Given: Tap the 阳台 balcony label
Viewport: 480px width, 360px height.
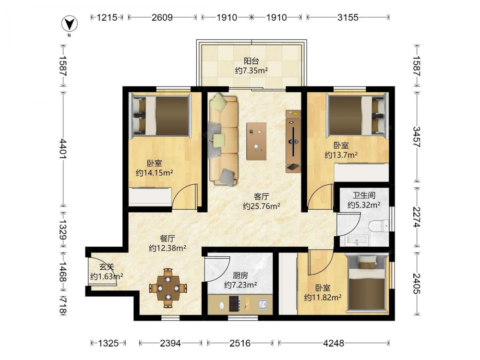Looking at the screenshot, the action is [x=252, y=61].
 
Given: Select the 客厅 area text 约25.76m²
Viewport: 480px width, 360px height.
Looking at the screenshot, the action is [x=262, y=206].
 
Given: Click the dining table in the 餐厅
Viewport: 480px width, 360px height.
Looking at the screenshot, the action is [x=168, y=288].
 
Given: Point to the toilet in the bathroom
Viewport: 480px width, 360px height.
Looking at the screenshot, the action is [x=379, y=226].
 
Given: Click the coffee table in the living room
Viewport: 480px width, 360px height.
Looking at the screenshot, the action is [x=256, y=141].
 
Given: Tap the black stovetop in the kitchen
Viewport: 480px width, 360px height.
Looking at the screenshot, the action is [x=235, y=304].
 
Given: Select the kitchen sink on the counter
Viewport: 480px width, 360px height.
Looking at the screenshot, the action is [x=263, y=304].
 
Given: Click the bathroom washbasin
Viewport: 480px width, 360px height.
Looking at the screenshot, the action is [x=357, y=240].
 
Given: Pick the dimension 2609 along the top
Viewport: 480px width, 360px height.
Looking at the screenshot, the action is [x=162, y=17].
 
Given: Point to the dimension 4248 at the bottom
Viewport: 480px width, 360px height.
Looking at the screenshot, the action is [x=334, y=343].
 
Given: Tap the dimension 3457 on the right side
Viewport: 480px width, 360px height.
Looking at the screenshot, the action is [x=417, y=136].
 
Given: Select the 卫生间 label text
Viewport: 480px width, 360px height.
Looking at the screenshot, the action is [x=364, y=195].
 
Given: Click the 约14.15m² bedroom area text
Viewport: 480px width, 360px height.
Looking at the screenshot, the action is [x=154, y=173].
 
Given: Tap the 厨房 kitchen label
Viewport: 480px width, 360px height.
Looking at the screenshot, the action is [x=240, y=275].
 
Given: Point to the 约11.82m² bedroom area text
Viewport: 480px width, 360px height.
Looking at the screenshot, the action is [x=323, y=297].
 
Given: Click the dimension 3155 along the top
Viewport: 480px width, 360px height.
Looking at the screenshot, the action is [x=348, y=17].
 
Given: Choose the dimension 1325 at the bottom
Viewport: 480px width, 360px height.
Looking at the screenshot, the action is [x=108, y=343].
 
